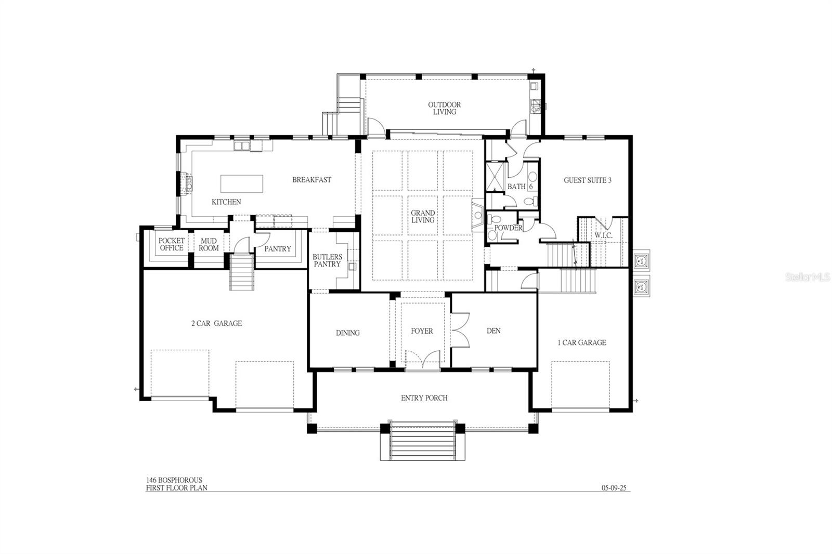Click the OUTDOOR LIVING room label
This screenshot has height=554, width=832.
pos(444,108)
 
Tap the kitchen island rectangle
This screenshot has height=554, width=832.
pos(242,183)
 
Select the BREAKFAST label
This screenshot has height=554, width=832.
pos(311,180)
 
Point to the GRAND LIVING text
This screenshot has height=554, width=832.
pos(423,216)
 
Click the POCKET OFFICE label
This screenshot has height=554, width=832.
pos(172,244)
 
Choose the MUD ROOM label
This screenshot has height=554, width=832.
pos(209,245)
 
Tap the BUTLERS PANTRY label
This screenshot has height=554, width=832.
pos(327,260)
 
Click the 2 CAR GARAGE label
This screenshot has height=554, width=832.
pos(216,323)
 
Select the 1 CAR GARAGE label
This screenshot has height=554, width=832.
pos(582,342)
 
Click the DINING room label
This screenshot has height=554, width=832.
pos(347,333)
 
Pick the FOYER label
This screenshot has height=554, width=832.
pos(421,331)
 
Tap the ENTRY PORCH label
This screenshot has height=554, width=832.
pos(424,398)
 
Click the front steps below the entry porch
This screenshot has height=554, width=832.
pos(422,442)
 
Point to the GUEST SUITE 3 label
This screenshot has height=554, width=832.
pos(588,180)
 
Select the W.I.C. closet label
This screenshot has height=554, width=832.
pos(603,235)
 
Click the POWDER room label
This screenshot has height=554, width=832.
pos(508,228)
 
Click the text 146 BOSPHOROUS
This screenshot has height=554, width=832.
pos(174,480)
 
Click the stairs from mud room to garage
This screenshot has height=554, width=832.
pos(242,272)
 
